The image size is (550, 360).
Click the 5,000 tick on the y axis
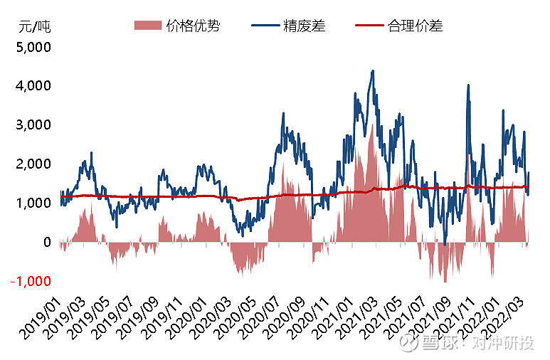coord(31,48)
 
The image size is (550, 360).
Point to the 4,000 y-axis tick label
coord(31,86)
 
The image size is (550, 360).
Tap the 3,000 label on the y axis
coord(31,125)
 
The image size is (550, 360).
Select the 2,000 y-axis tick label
coord(31,164)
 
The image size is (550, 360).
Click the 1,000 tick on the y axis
coord(31,203)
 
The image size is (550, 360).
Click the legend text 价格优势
coord(192,26)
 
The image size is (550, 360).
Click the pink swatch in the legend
coord(147,26)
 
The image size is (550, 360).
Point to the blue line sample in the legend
coord(264,26)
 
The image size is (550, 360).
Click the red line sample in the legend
coord(369,26)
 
